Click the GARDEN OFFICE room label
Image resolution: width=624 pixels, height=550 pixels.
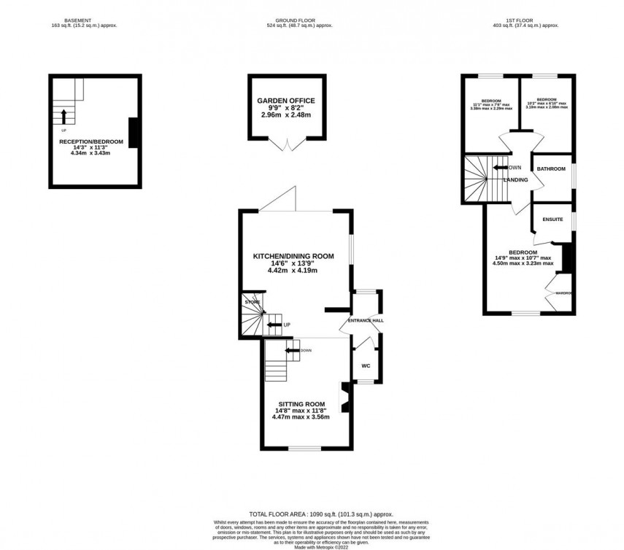(x=286, y=101)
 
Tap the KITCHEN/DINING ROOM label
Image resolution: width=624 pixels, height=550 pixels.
(x=293, y=256)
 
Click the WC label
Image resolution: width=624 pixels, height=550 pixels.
(x=366, y=367)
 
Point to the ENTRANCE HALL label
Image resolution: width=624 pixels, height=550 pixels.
(x=366, y=321)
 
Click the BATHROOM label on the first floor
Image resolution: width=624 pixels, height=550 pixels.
(x=551, y=169)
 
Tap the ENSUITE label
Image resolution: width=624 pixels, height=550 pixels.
(x=552, y=218)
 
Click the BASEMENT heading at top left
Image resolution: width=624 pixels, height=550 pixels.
(x=78, y=20)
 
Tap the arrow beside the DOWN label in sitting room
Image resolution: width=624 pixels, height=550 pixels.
(x=292, y=351)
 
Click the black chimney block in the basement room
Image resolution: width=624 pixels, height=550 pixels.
(x=134, y=133)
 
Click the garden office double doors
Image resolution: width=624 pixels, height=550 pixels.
(x=285, y=144)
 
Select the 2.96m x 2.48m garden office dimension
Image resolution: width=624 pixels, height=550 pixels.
(x=286, y=115)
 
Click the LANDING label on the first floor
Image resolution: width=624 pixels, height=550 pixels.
(x=515, y=179)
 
